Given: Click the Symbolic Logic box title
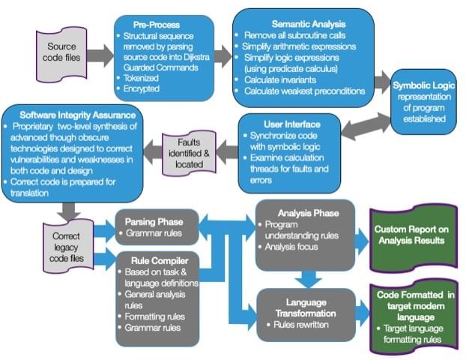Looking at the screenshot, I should pos(423,85).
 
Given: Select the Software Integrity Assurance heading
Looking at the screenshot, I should pos(72,115).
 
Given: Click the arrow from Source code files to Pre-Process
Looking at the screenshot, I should pos(97,55).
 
